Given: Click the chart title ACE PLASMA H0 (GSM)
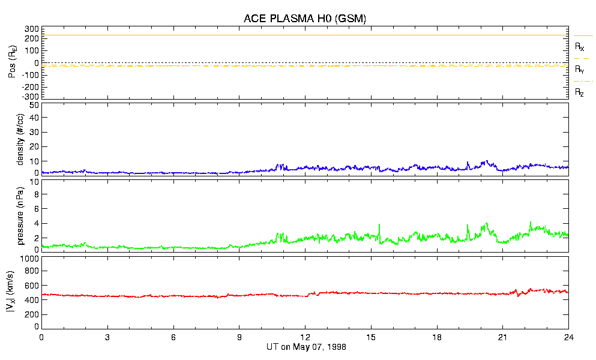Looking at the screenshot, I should pos(305,19).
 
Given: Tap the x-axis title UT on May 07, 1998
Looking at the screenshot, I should pos(306,347).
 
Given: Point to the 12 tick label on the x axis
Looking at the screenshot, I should pos(306,337).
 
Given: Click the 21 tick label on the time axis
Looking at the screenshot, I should pos(503,337).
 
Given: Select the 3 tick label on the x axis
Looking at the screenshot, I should pos(107,337).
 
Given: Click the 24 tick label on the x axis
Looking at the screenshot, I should pos(568,337).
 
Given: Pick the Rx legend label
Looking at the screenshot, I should pos(579,47).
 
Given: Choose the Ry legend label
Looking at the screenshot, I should pos(579,70).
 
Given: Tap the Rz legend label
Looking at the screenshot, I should pos(579,92).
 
